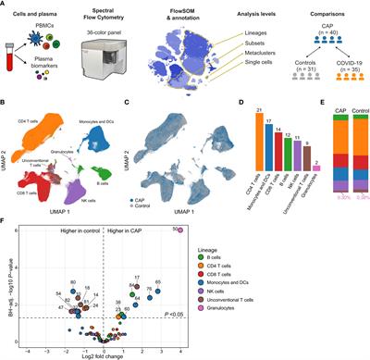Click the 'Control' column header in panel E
(354, 116)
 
